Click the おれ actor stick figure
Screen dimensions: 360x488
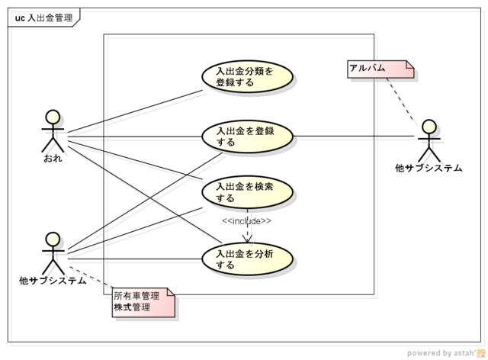[x=53, y=133]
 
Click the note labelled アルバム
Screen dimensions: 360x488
[x=380, y=69]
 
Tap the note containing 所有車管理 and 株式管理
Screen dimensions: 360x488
[x=143, y=302]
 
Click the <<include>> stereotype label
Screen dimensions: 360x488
[x=247, y=221]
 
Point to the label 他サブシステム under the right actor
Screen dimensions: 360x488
[x=429, y=168]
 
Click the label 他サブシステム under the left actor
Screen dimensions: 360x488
[x=53, y=281]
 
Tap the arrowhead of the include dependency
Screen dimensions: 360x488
[x=247, y=239]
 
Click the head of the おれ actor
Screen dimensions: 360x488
[x=53, y=117]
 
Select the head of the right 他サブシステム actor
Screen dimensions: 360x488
[x=429, y=125]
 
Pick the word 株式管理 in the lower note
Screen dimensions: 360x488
[x=132, y=307]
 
